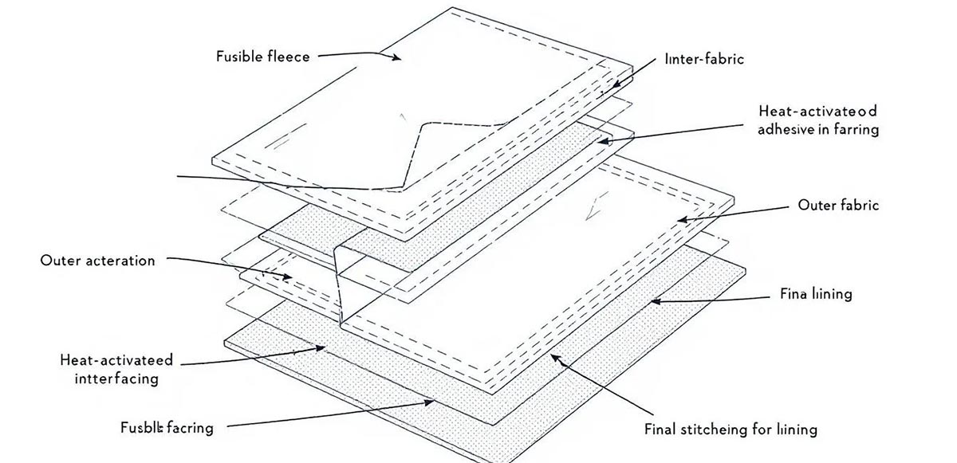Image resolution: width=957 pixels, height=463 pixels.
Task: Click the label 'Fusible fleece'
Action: coord(262,57)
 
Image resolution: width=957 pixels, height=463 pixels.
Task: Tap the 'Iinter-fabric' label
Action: coord(703,59)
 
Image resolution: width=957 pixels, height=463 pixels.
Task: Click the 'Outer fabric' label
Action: coord(838,205)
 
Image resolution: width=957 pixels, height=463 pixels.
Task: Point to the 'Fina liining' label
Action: coord(815,294)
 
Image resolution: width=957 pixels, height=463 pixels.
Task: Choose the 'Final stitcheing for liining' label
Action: coord(730,430)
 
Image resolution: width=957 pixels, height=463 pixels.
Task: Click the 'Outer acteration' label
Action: coord(97,261)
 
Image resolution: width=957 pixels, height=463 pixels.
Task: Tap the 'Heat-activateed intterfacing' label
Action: coord(116,369)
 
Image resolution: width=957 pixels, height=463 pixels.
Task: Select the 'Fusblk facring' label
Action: coord(166,428)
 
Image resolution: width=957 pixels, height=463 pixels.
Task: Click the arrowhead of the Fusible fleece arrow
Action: coord(400,57)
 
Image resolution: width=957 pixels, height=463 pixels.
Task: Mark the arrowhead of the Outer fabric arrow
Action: coord(679,219)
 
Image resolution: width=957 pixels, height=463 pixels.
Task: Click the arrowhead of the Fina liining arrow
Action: coord(652,301)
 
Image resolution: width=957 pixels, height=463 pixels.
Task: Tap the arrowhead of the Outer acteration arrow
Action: coord(291,277)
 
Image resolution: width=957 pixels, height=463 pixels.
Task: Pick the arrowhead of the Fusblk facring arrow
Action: coord(435,403)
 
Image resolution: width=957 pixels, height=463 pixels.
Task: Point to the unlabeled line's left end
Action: coord(177,175)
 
